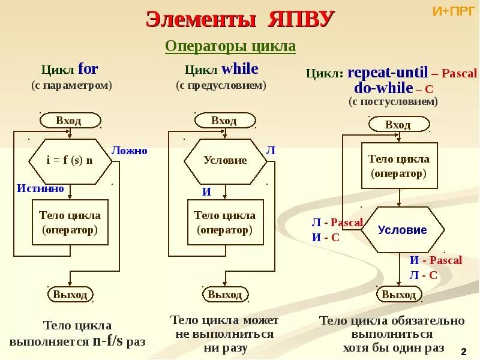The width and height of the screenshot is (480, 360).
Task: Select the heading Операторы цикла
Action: click(230, 47)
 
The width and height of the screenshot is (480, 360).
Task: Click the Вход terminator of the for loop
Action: click(69, 120)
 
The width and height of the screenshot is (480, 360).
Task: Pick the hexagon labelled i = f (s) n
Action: click(70, 161)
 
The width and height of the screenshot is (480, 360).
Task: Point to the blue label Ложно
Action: click(129, 151)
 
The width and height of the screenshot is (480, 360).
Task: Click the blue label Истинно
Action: click(40, 188)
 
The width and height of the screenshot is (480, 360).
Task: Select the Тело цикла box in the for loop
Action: click(70, 222)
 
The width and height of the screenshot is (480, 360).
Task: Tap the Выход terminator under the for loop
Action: click(70, 295)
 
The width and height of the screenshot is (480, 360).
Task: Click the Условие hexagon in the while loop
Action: click(225, 161)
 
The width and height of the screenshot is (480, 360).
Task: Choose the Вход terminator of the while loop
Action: click(224, 121)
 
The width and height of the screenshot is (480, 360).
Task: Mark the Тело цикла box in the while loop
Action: click(225, 222)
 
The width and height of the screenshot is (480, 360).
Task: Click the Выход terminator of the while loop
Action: click(225, 295)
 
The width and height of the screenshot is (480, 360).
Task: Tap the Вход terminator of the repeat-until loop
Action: click(398, 125)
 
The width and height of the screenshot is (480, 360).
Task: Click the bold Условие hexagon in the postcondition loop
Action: click(402, 230)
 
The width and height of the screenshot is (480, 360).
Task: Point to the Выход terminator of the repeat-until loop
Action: click(399, 295)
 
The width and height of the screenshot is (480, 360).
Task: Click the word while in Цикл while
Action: click(239, 69)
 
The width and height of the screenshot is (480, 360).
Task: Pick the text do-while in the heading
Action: click(383, 88)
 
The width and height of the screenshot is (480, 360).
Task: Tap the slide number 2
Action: click(463, 350)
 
